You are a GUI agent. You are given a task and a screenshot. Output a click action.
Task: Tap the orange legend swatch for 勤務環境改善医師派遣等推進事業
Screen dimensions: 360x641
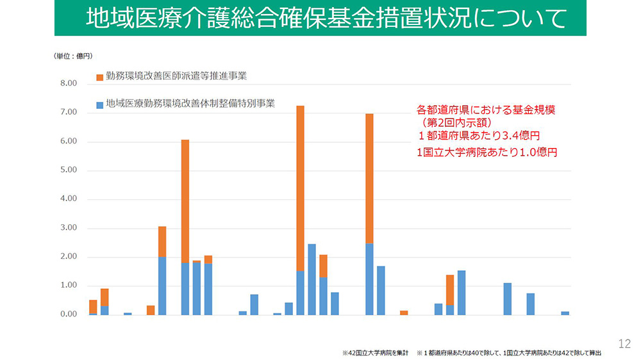pos(99,77)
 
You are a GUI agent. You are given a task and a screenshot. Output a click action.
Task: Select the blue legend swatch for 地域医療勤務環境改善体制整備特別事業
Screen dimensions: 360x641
pos(99,104)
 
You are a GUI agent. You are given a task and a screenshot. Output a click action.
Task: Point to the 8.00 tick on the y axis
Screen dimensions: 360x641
pos(68,83)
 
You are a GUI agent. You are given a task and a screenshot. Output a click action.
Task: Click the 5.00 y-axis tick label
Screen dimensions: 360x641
pos(68,170)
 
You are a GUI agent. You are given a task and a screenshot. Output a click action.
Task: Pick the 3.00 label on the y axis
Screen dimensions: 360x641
pos(68,228)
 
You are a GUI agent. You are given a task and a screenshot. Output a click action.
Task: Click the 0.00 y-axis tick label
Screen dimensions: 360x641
pos(68,315)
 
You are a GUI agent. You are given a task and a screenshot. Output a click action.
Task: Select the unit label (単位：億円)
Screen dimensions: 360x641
pos(73,56)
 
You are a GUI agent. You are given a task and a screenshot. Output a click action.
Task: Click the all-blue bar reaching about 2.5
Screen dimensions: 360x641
pos(312,279)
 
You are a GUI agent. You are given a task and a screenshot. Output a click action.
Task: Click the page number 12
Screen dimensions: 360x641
pos(624,344)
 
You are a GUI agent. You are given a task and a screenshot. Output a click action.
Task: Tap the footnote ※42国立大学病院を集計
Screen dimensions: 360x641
pos(375,352)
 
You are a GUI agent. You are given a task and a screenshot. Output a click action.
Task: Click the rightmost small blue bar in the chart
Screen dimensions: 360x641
pos(565,313)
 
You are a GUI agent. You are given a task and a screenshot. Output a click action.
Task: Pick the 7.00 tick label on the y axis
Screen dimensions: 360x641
pos(68,112)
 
